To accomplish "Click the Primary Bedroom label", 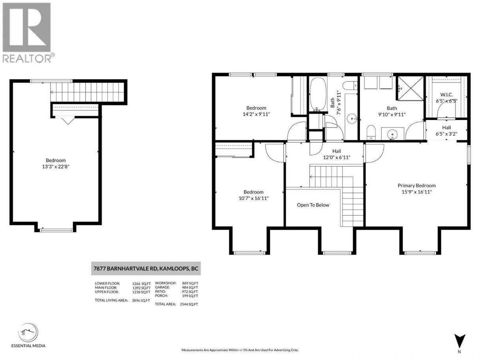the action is click(x=416, y=186).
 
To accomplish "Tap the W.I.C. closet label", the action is click(x=446, y=95).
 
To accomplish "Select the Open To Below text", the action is click(x=313, y=205).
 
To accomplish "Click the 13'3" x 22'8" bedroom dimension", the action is click(x=56, y=167).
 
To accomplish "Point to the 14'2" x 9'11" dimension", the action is click(x=256, y=114).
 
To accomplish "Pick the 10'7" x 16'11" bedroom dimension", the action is click(x=253, y=198).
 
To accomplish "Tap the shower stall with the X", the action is click(x=411, y=88).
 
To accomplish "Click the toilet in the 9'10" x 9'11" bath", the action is click(x=371, y=132).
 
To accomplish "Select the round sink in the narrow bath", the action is click(x=352, y=119).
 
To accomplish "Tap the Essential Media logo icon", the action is click(x=28, y=332).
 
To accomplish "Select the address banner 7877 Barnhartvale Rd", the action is click(x=146, y=268).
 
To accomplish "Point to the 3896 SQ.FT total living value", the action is click(x=141, y=300).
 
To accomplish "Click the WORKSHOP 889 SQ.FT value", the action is click(x=190, y=283).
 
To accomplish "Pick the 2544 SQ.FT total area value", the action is click(x=189, y=304).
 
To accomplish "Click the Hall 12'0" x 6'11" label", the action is click(x=337, y=154).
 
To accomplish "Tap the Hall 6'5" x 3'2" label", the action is click(x=446, y=131).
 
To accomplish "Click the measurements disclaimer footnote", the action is click(x=240, y=350).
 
